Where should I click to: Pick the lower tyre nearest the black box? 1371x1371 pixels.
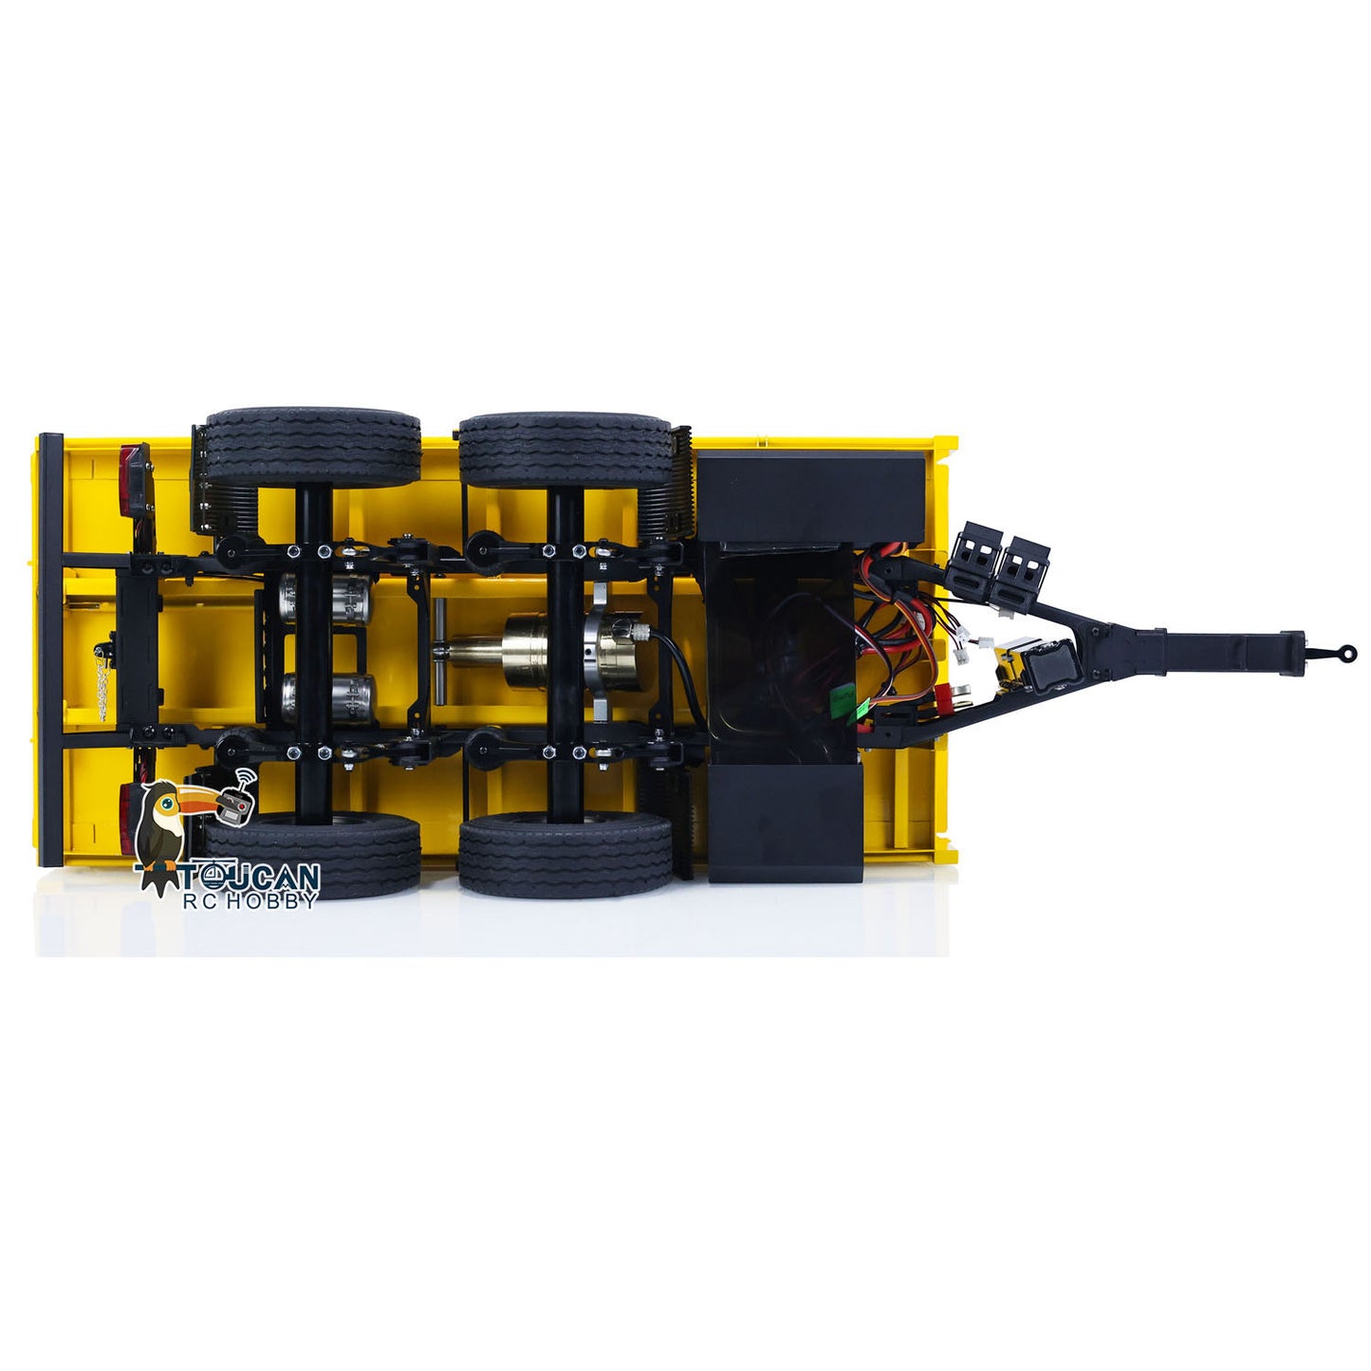coord(565,852)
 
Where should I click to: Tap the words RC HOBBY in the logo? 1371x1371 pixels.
coord(249,900)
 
